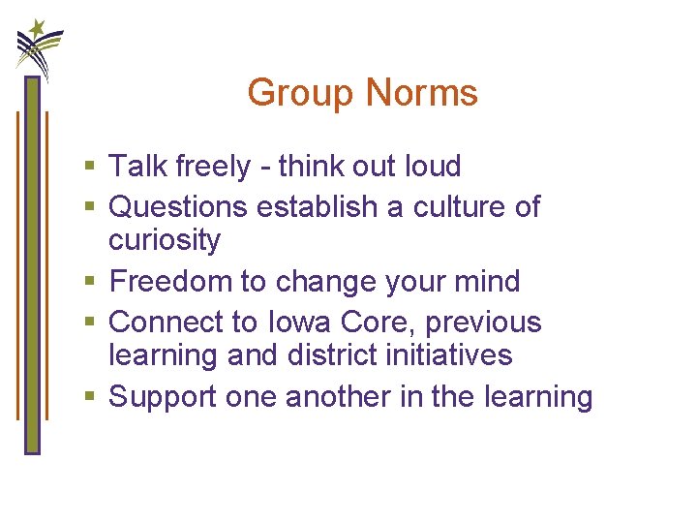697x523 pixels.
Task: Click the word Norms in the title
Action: (422, 94)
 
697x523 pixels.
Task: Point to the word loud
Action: (428, 167)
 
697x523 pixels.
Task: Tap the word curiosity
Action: (165, 240)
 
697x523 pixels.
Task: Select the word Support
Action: (164, 397)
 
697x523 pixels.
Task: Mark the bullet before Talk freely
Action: (90, 168)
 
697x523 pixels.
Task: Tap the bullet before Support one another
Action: (90, 398)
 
